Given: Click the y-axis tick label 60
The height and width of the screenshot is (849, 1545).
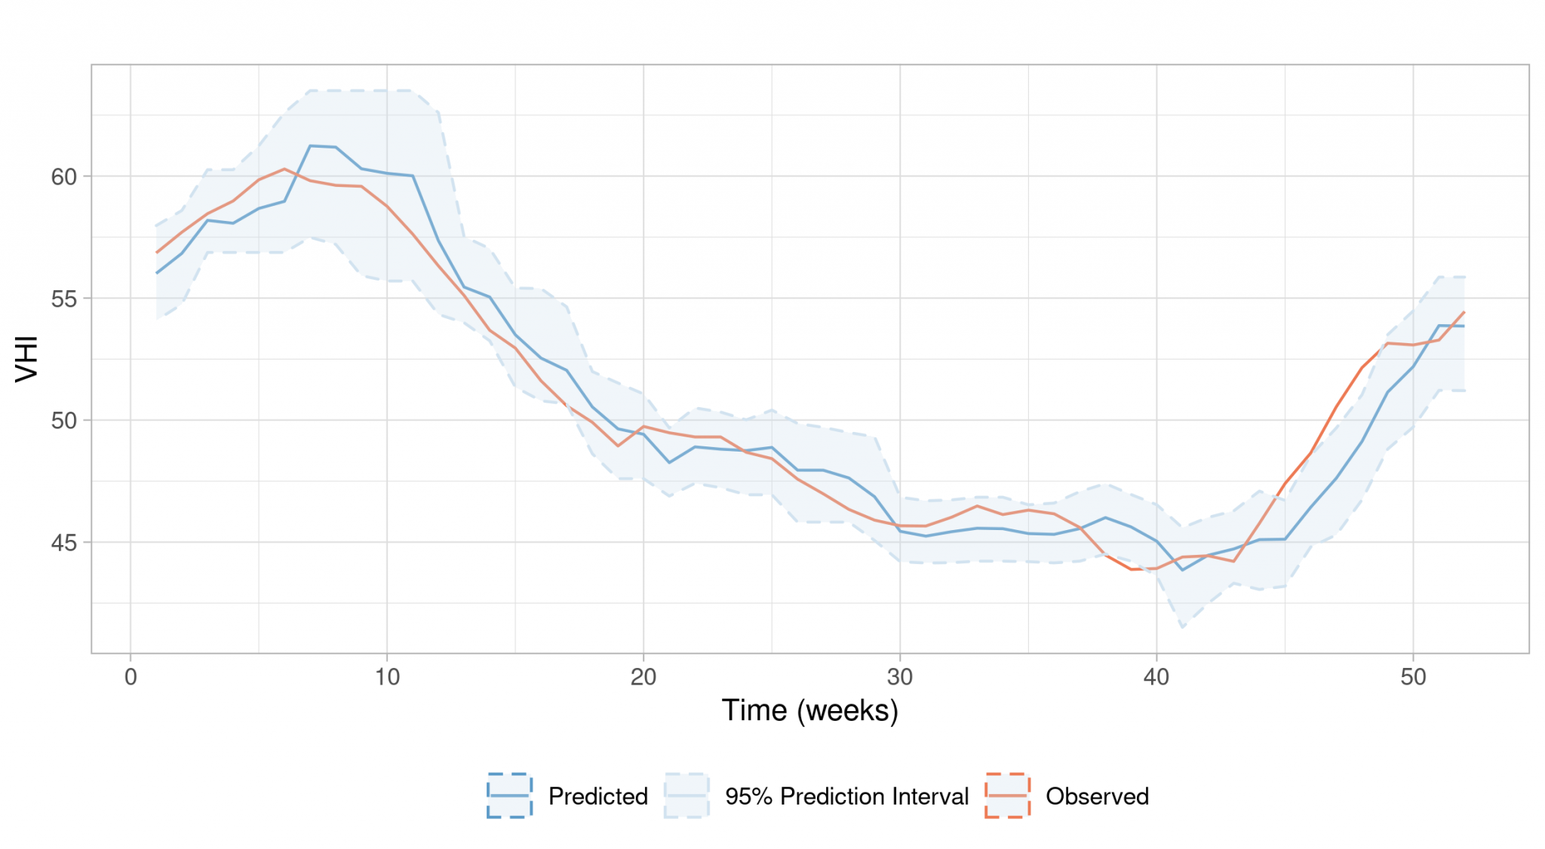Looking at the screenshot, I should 64,176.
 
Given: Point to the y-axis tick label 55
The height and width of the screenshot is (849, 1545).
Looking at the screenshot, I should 64,299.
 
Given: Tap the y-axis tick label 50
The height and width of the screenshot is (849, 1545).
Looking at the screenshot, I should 64,421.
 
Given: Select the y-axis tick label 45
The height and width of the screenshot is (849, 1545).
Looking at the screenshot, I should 64,543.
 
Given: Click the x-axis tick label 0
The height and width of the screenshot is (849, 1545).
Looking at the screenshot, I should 131,677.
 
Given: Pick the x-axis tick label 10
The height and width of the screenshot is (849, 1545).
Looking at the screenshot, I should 387,677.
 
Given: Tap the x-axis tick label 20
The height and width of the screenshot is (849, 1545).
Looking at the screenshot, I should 643,677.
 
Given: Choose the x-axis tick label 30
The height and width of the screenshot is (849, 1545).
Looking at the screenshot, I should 900,677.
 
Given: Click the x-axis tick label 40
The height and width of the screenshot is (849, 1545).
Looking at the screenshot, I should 1156,677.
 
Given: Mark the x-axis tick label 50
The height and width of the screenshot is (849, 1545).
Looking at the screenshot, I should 1413,677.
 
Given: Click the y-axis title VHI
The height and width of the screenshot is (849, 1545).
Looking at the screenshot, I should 27,359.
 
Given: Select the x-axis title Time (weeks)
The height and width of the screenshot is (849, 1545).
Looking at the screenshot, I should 809,710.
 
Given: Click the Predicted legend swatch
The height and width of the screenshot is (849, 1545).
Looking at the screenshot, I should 510,795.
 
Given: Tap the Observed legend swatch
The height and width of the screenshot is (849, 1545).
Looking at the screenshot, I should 1007,795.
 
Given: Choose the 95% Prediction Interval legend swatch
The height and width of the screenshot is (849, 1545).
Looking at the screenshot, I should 686,795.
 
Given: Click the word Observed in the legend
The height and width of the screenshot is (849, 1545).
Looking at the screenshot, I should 1097,796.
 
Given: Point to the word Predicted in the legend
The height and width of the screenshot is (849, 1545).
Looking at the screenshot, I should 597,796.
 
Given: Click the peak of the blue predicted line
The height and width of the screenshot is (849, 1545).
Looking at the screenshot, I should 311,146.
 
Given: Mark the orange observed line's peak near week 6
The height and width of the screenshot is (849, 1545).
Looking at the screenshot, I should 284,169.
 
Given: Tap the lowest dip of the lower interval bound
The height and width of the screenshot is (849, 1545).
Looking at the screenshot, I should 1182,627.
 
